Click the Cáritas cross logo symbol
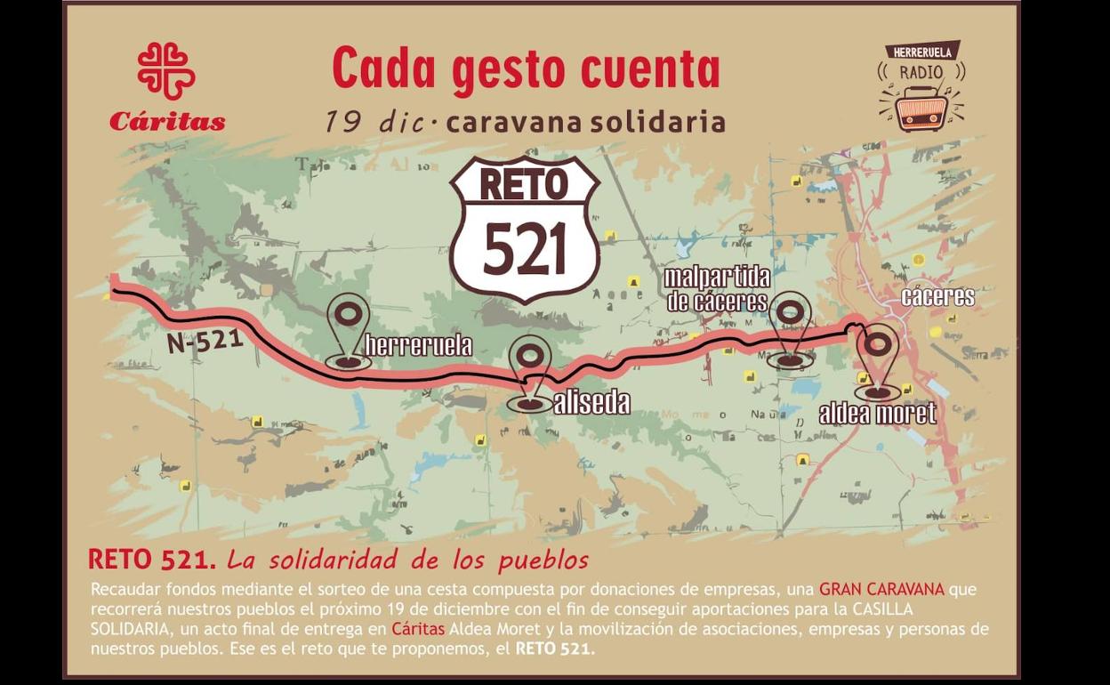[x=166, y=70]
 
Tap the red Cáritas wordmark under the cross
[x=167, y=122]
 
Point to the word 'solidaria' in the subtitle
[x=664, y=123]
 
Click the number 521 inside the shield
[x=525, y=249]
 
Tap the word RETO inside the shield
[x=524, y=184]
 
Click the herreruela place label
[x=418, y=345]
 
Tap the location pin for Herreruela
[x=349, y=329]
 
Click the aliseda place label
[x=591, y=403]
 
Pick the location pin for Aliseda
[x=530, y=374]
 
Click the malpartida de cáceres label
[x=717, y=289]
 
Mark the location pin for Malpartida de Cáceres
[x=791, y=328]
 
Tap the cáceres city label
[x=937, y=296]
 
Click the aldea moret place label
[x=877, y=413]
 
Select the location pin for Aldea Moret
[x=879, y=360]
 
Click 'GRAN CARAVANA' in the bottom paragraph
[x=881, y=589]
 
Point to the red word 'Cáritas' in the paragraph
[x=418, y=629]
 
